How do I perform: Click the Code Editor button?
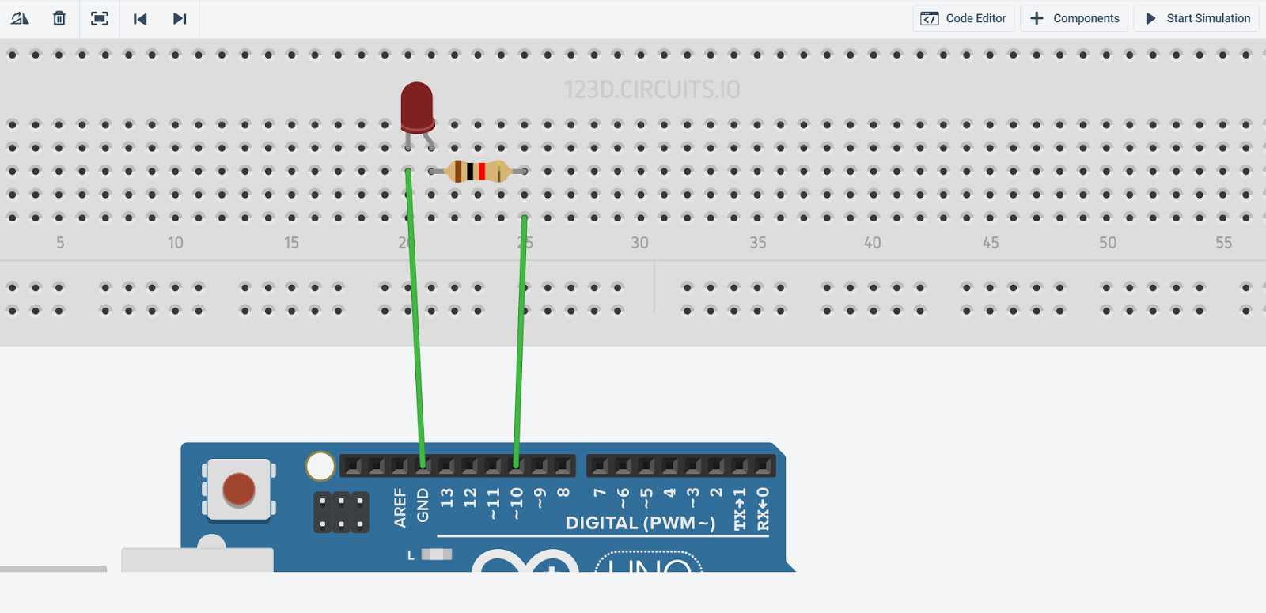(x=964, y=18)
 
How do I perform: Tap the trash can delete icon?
(x=59, y=18)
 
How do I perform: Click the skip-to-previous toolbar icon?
(x=140, y=18)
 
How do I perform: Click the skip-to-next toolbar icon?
(x=180, y=18)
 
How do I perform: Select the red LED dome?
(x=417, y=105)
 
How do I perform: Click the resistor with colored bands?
(x=477, y=171)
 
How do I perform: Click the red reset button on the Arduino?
(x=239, y=489)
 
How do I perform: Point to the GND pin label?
(x=423, y=505)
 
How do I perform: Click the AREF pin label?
(x=400, y=507)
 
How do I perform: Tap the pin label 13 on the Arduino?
(x=447, y=498)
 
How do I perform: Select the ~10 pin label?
(x=517, y=502)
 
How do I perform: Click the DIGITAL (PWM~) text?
(x=640, y=523)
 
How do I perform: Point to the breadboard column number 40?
(x=873, y=243)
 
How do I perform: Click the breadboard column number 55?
(x=1223, y=243)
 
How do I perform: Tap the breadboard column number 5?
(x=60, y=243)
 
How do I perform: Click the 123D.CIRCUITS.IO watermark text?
(x=651, y=90)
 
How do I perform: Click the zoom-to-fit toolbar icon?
(x=100, y=18)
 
